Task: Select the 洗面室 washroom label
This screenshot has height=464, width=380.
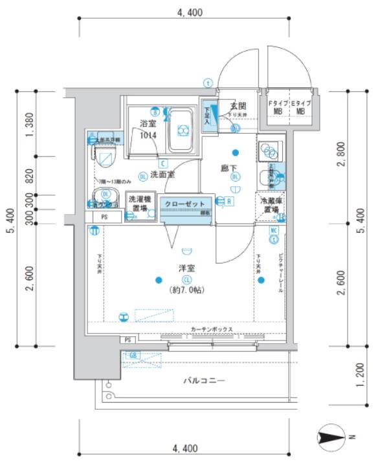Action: pyautogui.click(x=162, y=174)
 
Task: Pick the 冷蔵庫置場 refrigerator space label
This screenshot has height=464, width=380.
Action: pyautogui.click(x=271, y=206)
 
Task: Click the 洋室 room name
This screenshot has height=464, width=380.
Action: pyautogui.click(x=187, y=268)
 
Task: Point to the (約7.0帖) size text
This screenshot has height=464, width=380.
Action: pyautogui.click(x=187, y=290)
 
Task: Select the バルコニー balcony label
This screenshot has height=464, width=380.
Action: pyautogui.click(x=203, y=381)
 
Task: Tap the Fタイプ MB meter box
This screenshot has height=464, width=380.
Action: pyautogui.click(x=278, y=107)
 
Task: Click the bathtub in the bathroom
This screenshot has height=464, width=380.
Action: pyautogui.click(x=183, y=129)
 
